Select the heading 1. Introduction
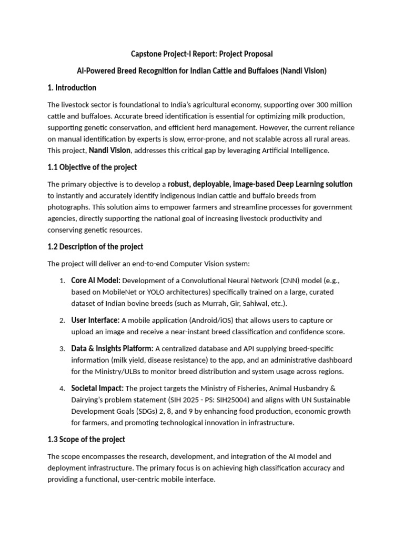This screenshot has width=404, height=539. [72, 87]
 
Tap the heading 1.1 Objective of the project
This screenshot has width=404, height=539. [92, 167]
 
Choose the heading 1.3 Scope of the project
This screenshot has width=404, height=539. [86, 439]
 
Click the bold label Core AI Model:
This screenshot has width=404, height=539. [96, 280]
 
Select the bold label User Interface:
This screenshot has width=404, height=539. [96, 320]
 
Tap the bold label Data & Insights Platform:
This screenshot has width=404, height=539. [113, 348]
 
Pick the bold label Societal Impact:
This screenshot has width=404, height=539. [97, 388]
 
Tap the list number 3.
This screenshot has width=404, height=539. [62, 349]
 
